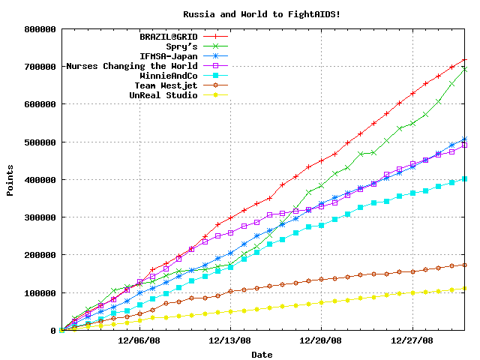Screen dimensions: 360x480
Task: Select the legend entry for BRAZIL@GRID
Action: [x=169, y=36]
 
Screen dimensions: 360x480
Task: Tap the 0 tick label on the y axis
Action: [x=53, y=331]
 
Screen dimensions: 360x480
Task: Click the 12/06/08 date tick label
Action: [x=139, y=340]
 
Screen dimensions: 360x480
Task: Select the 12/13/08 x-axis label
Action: [x=230, y=340]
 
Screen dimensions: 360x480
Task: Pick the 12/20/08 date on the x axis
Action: [x=322, y=340]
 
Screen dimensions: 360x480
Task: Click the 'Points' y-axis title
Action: [x=10, y=180]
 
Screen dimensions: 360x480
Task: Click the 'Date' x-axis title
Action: [x=262, y=354]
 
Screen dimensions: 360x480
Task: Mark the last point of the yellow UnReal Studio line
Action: [x=465, y=288]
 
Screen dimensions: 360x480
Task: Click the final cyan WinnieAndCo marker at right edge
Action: [x=465, y=178]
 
